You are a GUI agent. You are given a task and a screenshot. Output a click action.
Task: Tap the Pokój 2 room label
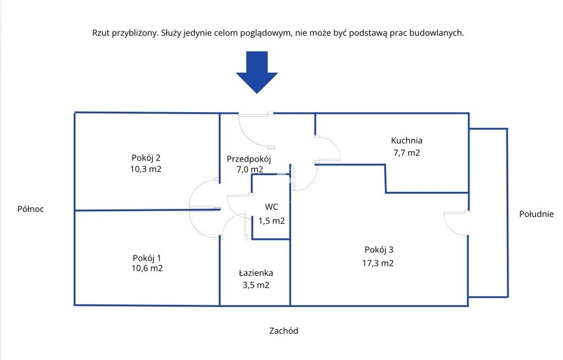(146, 157)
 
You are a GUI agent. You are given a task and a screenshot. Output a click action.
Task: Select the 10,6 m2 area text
(146, 269)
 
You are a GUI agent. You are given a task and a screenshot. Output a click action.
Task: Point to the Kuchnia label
(407, 140)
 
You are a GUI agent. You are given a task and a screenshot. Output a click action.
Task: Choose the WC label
(271, 207)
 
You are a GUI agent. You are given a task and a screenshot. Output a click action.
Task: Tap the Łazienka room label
(256, 273)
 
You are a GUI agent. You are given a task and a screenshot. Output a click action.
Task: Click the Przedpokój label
(249, 159)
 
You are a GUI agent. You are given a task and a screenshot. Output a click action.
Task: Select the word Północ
(31, 209)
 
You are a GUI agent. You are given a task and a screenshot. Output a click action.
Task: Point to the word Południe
(536, 214)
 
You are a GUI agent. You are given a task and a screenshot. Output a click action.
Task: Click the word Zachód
(284, 331)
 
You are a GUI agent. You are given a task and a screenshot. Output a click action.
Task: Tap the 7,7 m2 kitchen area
(407, 153)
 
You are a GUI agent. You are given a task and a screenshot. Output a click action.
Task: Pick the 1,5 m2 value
(272, 221)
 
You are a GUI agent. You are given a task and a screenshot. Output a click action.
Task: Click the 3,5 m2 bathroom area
(256, 285)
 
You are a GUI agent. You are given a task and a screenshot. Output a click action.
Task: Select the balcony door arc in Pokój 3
(455, 223)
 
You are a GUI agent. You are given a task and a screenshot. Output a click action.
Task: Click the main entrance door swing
(254, 132)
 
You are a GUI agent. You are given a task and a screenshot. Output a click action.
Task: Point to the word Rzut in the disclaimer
(100, 33)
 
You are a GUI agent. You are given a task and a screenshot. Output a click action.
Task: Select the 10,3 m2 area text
(146, 169)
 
